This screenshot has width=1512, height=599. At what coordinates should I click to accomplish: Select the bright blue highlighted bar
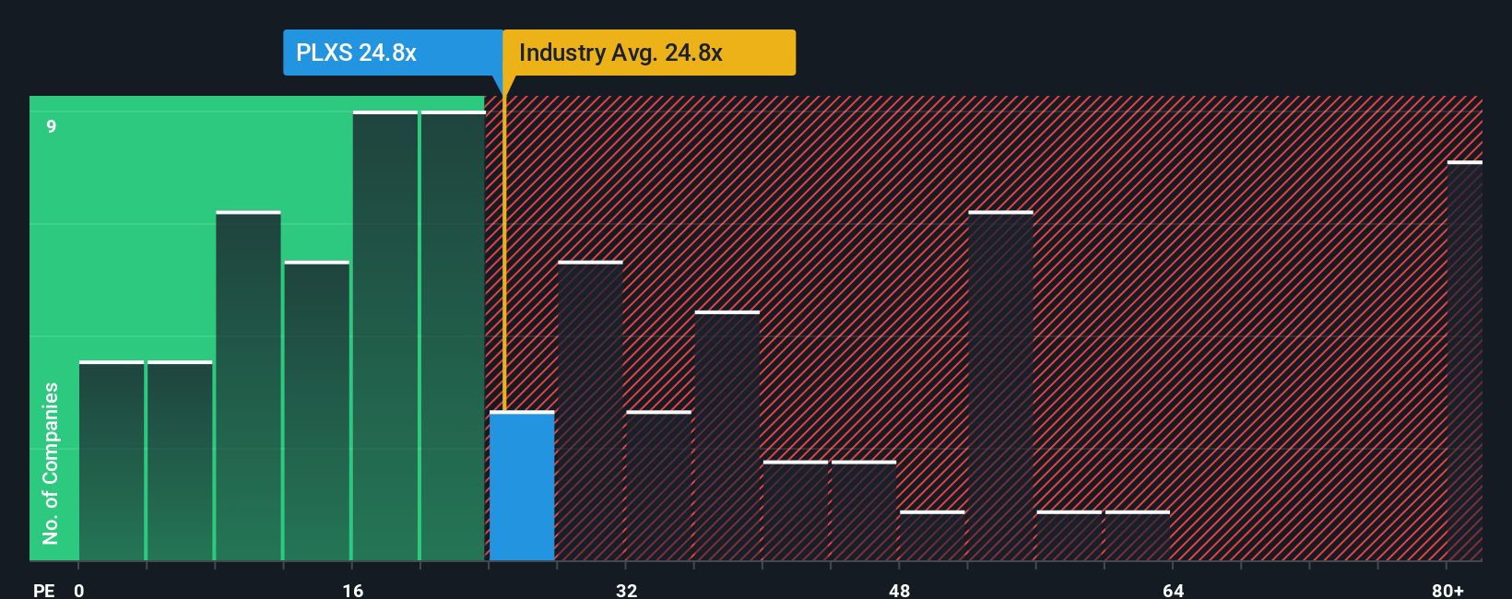point(522,486)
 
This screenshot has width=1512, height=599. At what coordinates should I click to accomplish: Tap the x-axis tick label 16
point(353,590)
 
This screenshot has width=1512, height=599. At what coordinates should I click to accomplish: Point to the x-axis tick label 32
point(626,590)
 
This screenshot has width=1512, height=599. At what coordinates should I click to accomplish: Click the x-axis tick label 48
point(900,590)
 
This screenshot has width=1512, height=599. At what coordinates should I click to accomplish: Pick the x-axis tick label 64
point(1173,590)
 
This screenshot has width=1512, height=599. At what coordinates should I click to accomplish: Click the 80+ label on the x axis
point(1447,590)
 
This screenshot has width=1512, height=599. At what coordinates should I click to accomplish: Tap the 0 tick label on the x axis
point(79,590)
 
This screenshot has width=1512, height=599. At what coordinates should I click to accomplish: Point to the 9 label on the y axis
point(52,126)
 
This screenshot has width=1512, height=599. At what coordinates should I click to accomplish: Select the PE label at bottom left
point(43,590)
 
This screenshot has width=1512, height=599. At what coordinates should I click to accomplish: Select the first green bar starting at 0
point(112,461)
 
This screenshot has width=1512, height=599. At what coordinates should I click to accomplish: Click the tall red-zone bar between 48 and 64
point(1000,386)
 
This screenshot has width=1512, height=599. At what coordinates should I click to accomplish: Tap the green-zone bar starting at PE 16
point(385,336)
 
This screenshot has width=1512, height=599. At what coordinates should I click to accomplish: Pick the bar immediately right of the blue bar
point(590,411)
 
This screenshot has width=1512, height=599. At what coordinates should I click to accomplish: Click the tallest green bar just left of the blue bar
point(453,336)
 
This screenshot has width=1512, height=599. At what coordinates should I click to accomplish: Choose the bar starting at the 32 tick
point(658,486)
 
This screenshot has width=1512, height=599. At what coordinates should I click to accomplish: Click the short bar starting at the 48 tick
point(932,535)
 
